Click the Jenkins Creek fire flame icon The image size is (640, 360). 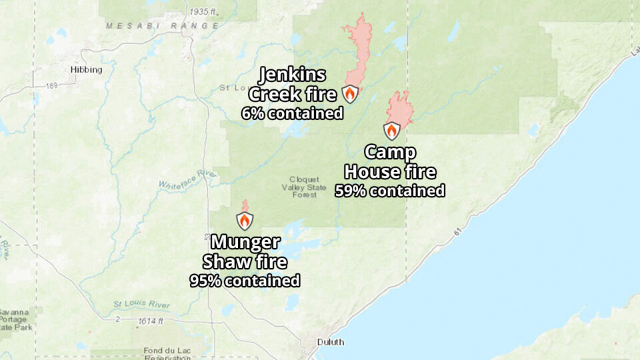[350, 94]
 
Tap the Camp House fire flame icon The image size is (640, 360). [392, 131]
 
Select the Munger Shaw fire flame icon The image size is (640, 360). [245, 221]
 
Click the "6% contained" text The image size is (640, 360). [292, 113]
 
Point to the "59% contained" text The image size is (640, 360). [389, 191]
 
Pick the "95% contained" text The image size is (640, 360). [244, 281]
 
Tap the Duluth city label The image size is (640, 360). [331, 342]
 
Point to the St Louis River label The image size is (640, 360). [141, 305]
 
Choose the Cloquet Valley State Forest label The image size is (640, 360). [305, 187]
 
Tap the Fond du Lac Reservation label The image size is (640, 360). [163, 354]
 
